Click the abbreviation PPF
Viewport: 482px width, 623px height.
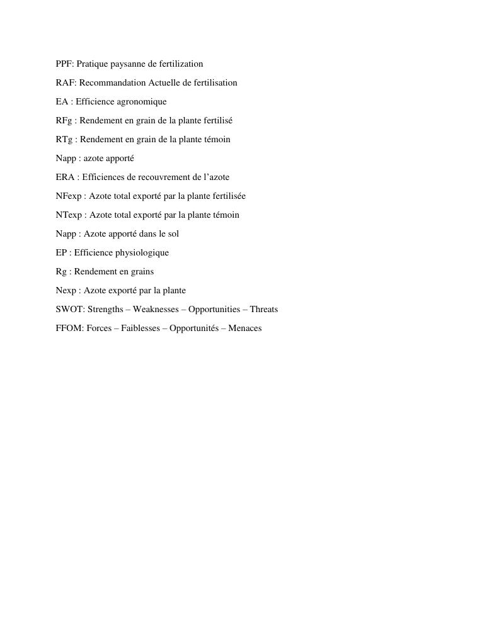tap(64, 64)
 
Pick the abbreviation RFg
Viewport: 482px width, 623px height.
tap(64, 120)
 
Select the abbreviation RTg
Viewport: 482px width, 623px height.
tap(64, 139)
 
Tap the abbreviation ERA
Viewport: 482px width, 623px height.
tap(65, 177)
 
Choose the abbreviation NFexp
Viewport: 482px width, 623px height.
tap(69, 196)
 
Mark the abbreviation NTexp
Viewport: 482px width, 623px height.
tap(69, 215)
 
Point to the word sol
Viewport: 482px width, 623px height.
tap(173, 233)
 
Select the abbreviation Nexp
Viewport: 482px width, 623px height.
tap(66, 290)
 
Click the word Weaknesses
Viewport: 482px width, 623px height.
tap(156, 309)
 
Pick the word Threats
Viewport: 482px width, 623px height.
tap(263, 309)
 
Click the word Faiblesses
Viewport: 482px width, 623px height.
tap(141, 328)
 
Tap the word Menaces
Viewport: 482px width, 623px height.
tap(244, 328)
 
